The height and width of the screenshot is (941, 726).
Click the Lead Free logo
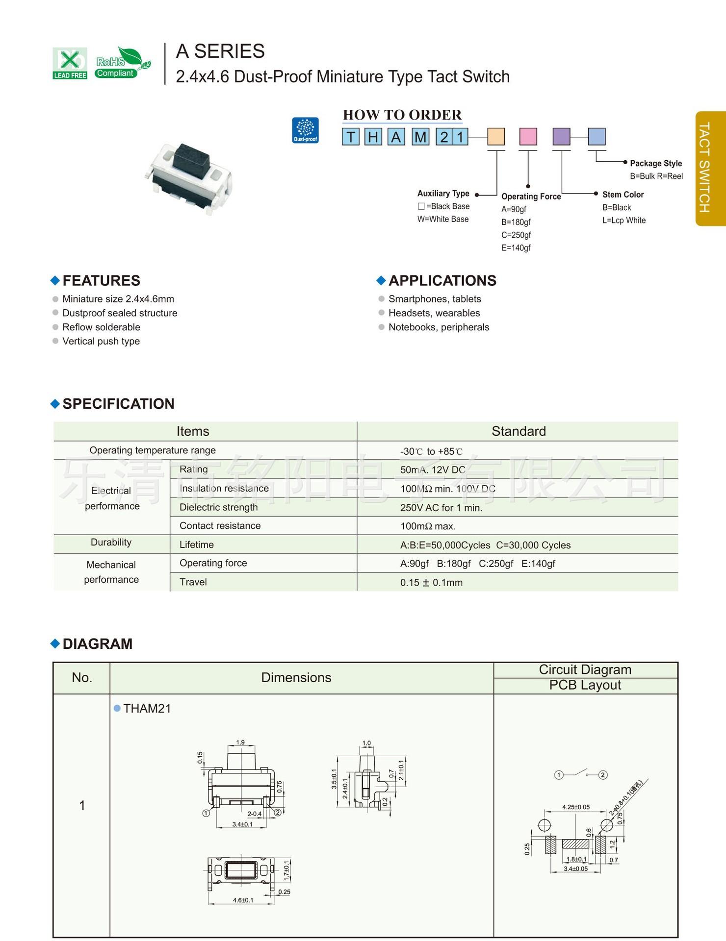coord(70,63)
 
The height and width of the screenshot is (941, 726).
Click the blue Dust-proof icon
coord(305,130)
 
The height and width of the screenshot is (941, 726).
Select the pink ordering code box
coord(528,137)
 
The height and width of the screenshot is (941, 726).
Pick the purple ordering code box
coord(561,137)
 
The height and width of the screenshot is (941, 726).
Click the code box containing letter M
coord(420,137)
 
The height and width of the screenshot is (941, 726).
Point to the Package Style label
coord(655,163)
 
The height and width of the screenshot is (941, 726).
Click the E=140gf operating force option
coord(516,248)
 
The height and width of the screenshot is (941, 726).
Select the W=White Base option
coord(442,219)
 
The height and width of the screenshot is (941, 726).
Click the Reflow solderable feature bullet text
coord(101,327)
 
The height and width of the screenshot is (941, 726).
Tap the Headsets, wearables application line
coord(434,313)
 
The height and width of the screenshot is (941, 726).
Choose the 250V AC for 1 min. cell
coord(441,508)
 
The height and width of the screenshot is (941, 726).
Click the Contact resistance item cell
coord(220,526)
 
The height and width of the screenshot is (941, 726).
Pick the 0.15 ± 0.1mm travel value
coord(431,583)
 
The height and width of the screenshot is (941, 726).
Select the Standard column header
coord(518,431)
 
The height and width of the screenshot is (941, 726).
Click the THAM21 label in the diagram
coord(147,708)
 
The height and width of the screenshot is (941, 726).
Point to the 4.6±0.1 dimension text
coord(243,900)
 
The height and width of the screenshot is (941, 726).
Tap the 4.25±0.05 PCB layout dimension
coord(575,807)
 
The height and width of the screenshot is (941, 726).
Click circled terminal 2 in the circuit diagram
coord(603,775)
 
